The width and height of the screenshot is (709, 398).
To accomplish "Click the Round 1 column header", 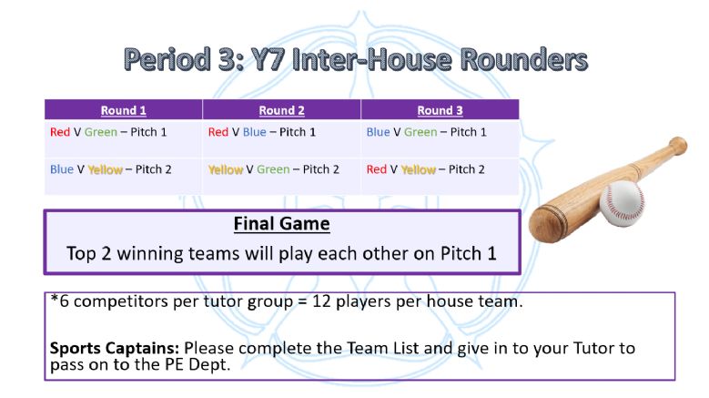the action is [x=124, y=110].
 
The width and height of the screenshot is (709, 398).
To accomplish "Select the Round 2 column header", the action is [x=282, y=110].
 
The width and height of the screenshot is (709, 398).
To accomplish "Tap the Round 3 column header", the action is [x=440, y=110].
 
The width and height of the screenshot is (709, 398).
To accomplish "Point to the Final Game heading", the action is [x=282, y=224].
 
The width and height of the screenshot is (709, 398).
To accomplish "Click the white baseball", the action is [x=623, y=203].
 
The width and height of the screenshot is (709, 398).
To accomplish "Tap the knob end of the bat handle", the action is [x=678, y=145].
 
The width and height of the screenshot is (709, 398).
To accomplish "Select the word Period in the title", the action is [x=167, y=60].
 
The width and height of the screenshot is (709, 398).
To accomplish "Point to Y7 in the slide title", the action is [x=268, y=60].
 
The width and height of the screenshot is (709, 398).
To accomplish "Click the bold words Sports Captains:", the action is [x=115, y=348].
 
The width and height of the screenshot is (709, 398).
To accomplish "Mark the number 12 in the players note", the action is [x=321, y=301].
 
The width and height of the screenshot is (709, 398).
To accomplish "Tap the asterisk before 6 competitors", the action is [x=55, y=299].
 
